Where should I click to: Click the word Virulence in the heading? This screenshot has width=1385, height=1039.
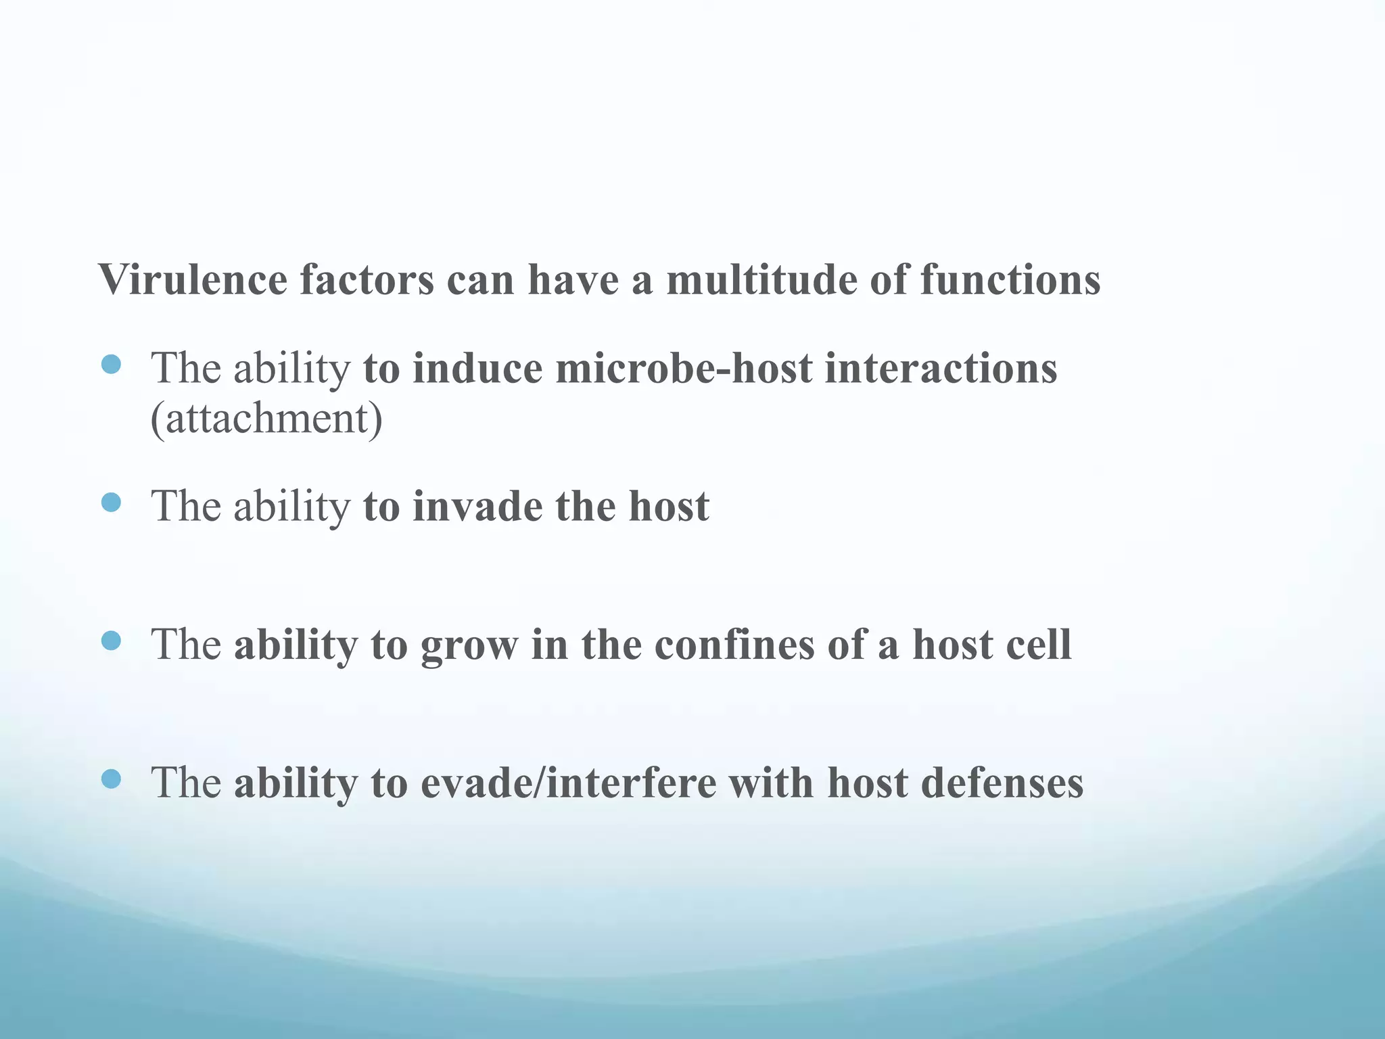[193, 279]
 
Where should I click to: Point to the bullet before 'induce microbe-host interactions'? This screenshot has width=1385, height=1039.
[111, 365]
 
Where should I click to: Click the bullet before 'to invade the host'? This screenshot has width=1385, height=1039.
[111, 503]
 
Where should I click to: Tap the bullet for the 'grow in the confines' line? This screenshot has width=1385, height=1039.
[111, 641]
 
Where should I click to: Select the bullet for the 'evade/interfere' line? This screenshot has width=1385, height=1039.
[111, 779]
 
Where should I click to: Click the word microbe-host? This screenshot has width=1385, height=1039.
[684, 369]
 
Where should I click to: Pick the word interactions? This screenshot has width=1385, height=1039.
[941, 369]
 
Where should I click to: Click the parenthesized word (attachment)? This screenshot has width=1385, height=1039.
[266, 419]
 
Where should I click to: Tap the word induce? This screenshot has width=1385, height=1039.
[477, 369]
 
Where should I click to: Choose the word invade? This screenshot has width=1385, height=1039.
[477, 507]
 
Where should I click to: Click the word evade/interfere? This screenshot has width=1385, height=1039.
[568, 783]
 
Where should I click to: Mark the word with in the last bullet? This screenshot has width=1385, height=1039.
[771, 783]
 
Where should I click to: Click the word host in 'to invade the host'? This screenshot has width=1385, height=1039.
[669, 507]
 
